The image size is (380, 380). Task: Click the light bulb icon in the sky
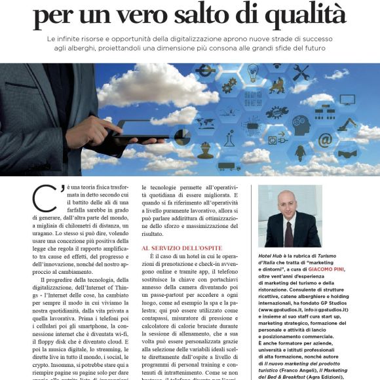click(x=253, y=71)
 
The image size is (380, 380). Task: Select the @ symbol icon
click(x=325, y=139)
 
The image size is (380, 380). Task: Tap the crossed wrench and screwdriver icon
click(x=301, y=72)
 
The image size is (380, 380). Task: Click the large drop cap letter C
click(x=41, y=198)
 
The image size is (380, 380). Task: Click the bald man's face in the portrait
click(x=287, y=205)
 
